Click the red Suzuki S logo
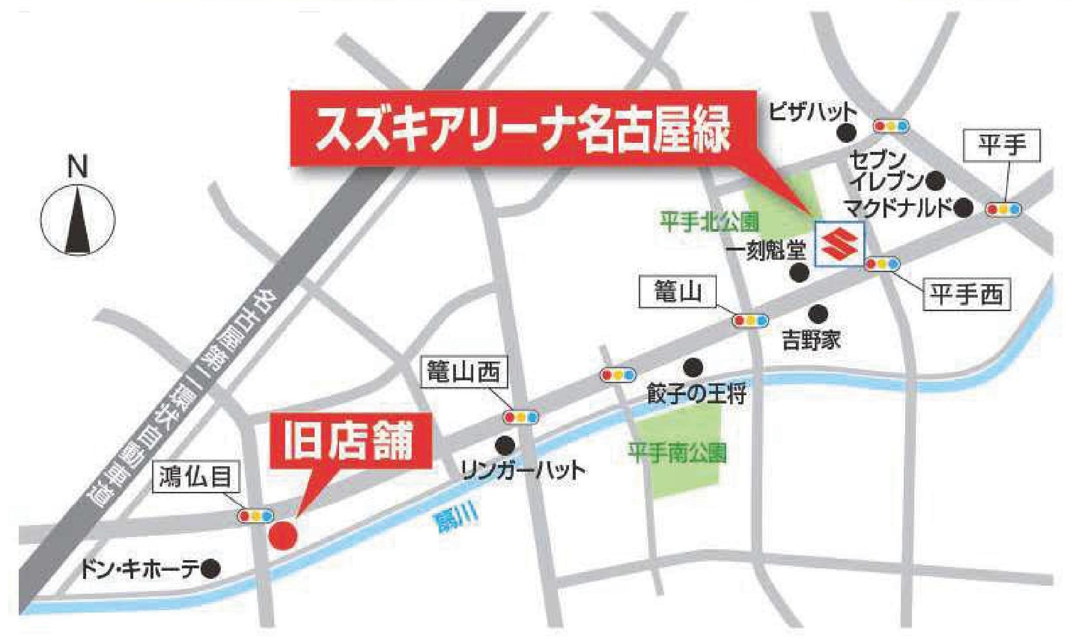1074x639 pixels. [839, 244]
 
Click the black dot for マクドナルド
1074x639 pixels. [963, 208]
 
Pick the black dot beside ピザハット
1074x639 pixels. [847, 133]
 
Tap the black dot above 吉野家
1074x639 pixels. [818, 314]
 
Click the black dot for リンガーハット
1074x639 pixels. [505, 444]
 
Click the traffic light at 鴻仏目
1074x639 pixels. [256, 515]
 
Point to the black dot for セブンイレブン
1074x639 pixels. [935, 180]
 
